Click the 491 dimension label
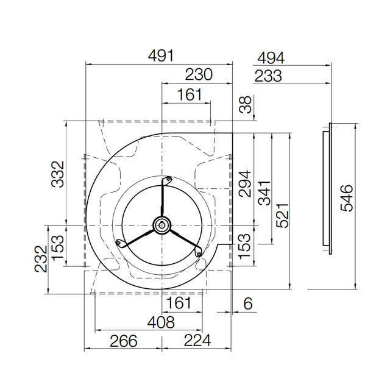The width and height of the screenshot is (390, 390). click(161, 55)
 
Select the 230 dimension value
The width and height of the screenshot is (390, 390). click(199, 74)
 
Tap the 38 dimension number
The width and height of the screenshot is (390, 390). click(246, 105)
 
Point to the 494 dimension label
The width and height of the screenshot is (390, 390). click(271, 58)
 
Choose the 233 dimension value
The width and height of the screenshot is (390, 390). click(268, 76)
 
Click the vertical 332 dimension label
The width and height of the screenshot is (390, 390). click(58, 174)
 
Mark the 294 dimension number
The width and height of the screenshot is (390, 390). click(245, 183)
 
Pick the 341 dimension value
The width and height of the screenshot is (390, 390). click(264, 193)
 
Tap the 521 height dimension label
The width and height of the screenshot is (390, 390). click(283, 216)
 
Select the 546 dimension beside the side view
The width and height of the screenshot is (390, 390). click(347, 198)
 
